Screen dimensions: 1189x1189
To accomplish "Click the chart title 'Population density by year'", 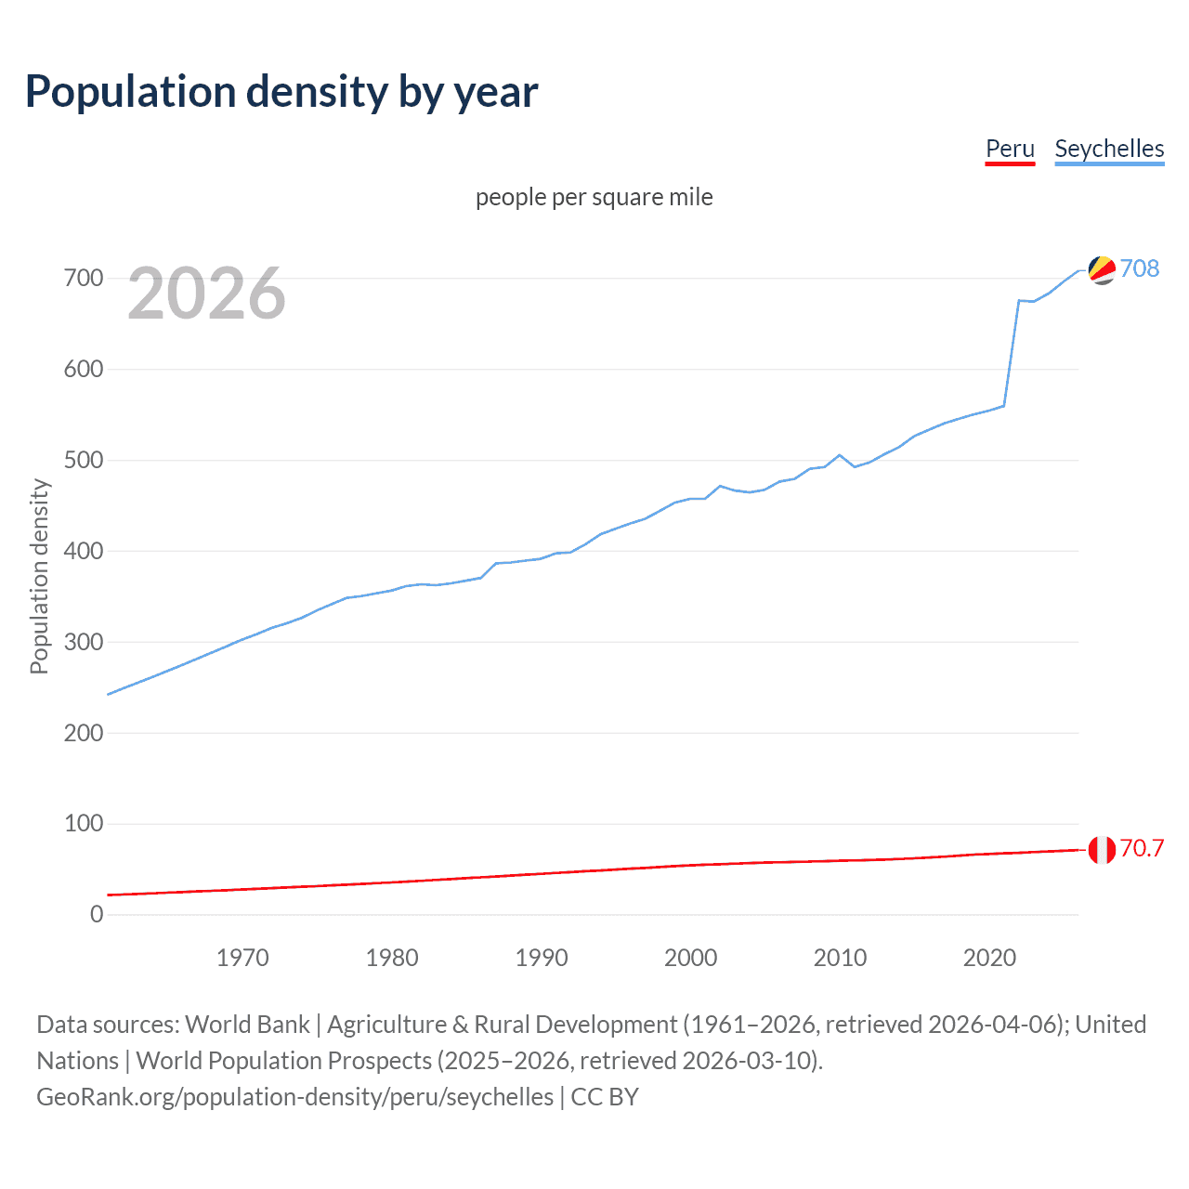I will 281,92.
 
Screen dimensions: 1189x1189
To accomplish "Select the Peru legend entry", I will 1010,149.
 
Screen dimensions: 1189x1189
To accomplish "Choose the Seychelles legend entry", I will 1109,149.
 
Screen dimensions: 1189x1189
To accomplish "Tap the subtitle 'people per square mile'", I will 594,198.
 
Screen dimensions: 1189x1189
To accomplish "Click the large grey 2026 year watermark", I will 206,294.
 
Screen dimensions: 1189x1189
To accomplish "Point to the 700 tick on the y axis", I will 84,278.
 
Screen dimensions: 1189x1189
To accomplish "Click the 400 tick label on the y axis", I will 84,551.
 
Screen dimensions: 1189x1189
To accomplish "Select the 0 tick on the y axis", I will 97,914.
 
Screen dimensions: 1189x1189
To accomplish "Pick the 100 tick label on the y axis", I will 84,824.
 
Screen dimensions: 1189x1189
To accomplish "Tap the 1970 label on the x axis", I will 242,958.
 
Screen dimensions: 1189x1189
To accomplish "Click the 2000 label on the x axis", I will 690,958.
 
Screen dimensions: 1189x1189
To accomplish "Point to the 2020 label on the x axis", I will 989,958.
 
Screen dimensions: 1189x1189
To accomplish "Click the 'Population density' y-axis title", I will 39,576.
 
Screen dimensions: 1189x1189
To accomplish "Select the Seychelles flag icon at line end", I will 1102,269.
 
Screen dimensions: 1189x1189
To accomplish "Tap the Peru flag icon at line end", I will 1102,849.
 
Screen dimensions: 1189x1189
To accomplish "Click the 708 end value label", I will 1140,268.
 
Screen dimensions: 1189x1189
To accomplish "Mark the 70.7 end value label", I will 1142,848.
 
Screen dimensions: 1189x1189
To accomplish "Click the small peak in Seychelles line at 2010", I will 840,455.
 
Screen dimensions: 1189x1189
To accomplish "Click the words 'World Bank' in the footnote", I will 247,1025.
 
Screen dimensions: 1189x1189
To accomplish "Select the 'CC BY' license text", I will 605,1097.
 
